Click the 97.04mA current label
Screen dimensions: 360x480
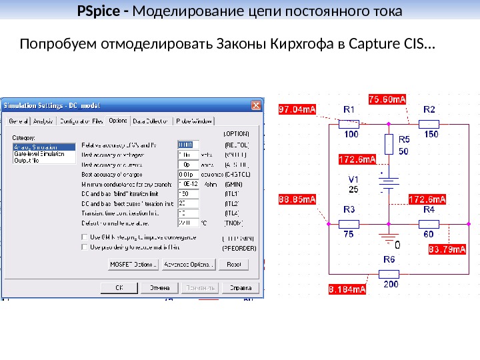pyautogui.click(x=297, y=109)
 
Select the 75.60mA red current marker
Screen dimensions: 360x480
pyautogui.click(x=388, y=99)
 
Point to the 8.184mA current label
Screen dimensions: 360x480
pyautogui.click(x=347, y=289)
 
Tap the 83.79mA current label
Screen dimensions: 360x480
pyautogui.click(x=447, y=249)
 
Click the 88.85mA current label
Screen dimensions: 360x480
pyautogui.click(x=297, y=199)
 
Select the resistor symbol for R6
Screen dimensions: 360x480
pyautogui.click(x=389, y=273)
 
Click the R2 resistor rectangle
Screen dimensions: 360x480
pyautogui.click(x=429, y=123)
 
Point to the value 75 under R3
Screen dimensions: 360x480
pyautogui.click(x=349, y=234)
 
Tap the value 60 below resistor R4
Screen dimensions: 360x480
pyautogui.click(x=428, y=234)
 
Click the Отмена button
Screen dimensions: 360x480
pyautogui.click(x=159, y=288)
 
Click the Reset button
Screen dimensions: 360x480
pyautogui.click(x=233, y=265)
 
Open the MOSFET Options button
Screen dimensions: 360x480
pyautogui.click(x=133, y=265)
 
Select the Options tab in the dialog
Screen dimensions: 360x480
pyautogui.click(x=118, y=121)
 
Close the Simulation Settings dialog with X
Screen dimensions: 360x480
pyautogui.click(x=256, y=105)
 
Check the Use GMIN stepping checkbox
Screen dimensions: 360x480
pyautogui.click(x=84, y=237)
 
